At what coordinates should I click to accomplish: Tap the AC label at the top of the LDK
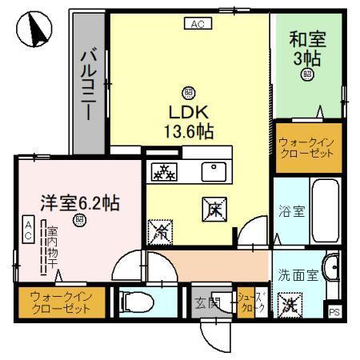[x=197, y=24]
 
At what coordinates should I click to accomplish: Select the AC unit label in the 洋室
[x=27, y=233]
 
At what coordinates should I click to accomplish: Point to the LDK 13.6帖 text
[x=189, y=118]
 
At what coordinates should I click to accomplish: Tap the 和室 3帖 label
[x=307, y=47]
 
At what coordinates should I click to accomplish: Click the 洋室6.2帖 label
[x=80, y=202]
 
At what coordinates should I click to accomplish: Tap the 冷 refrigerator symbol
[x=158, y=232]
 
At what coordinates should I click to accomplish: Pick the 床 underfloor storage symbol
[x=214, y=210]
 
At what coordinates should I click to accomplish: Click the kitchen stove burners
[x=165, y=170]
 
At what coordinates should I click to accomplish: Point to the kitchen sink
[x=214, y=170]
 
